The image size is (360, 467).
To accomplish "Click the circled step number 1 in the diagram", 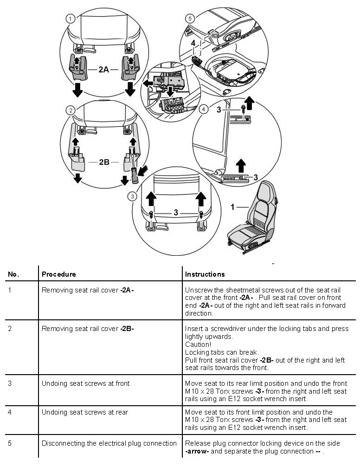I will tap(70, 19).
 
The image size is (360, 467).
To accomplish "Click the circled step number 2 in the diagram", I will tap(70, 110).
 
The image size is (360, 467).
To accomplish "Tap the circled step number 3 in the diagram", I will tap(133, 196).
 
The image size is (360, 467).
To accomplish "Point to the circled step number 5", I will tap(189, 19).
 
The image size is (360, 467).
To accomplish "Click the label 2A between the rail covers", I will tap(103, 70).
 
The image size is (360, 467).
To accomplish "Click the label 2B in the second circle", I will tap(104, 162).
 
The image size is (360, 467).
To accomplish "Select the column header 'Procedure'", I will tap(58, 274).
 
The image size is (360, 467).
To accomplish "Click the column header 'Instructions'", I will tap(205, 274).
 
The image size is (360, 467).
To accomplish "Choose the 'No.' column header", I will tap(13, 274).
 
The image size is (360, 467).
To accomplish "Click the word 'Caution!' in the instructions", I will tap(198, 344).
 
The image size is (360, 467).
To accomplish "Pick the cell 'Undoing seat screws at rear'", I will tap(85, 412).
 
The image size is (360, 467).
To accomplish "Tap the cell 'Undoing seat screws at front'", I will tap(85, 383).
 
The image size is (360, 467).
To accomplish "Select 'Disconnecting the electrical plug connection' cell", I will tap(109, 443).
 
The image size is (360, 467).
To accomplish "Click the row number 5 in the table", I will tap(10, 443).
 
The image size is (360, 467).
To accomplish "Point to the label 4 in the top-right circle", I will tap(193, 43).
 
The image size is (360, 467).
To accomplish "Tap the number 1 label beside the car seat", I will tap(233, 207).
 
